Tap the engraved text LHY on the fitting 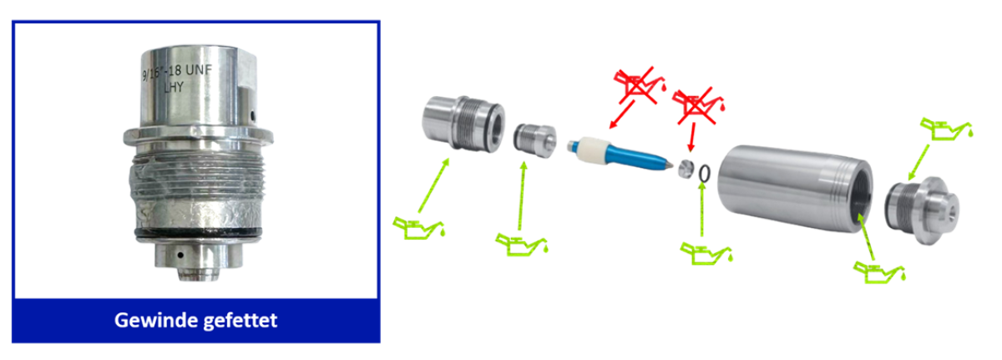click(174, 87)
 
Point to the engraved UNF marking click(199, 70)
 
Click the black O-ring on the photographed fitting click(198, 233)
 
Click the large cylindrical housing click(794, 188)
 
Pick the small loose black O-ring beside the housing click(704, 174)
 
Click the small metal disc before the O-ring click(686, 169)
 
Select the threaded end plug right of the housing click(922, 210)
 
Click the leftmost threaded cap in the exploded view click(463, 123)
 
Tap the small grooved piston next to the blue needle click(535, 140)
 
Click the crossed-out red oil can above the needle click(638, 85)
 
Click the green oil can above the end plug click(946, 129)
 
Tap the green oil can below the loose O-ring click(706, 253)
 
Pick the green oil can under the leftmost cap click(419, 228)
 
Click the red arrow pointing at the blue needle click(622, 114)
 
